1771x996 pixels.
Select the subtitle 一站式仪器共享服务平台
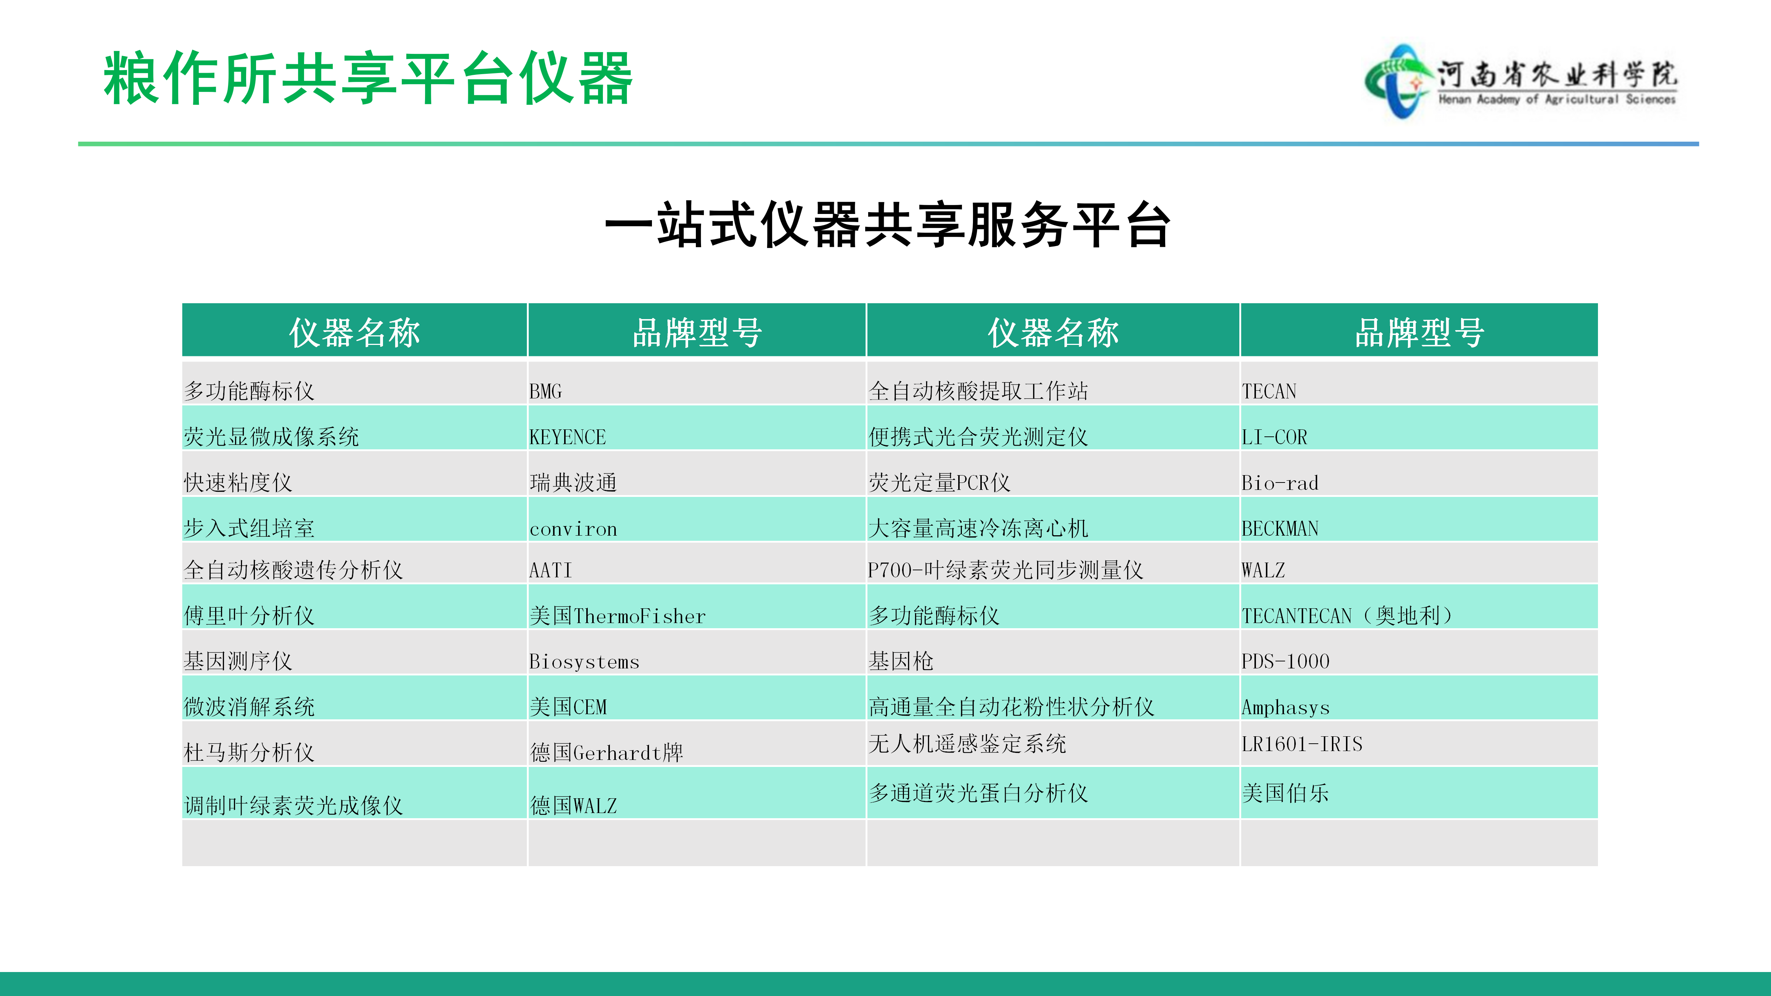click(x=887, y=225)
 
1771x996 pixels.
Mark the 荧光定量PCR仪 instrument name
click(x=939, y=483)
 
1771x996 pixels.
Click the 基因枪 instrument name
click(x=901, y=661)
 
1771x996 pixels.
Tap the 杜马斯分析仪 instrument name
click(x=249, y=753)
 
